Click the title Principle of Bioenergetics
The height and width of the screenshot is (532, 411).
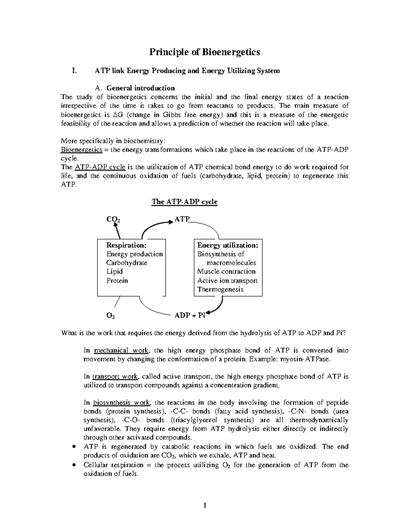click(204, 52)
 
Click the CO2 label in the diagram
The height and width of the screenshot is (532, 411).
click(113, 220)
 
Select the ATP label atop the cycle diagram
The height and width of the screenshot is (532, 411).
click(182, 219)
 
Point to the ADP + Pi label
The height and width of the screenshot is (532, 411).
click(190, 316)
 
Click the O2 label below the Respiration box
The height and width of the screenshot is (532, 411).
click(111, 316)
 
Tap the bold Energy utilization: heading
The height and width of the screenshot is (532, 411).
click(227, 245)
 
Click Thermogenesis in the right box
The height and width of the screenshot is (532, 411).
click(220, 289)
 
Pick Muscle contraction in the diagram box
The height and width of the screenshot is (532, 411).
click(226, 272)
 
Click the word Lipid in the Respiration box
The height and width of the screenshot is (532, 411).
click(114, 272)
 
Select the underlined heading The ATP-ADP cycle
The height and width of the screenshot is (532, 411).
click(184, 202)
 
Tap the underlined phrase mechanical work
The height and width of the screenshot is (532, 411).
click(121, 350)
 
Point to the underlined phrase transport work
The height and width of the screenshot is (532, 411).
click(115, 377)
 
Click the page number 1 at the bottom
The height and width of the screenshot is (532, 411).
click(204, 505)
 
